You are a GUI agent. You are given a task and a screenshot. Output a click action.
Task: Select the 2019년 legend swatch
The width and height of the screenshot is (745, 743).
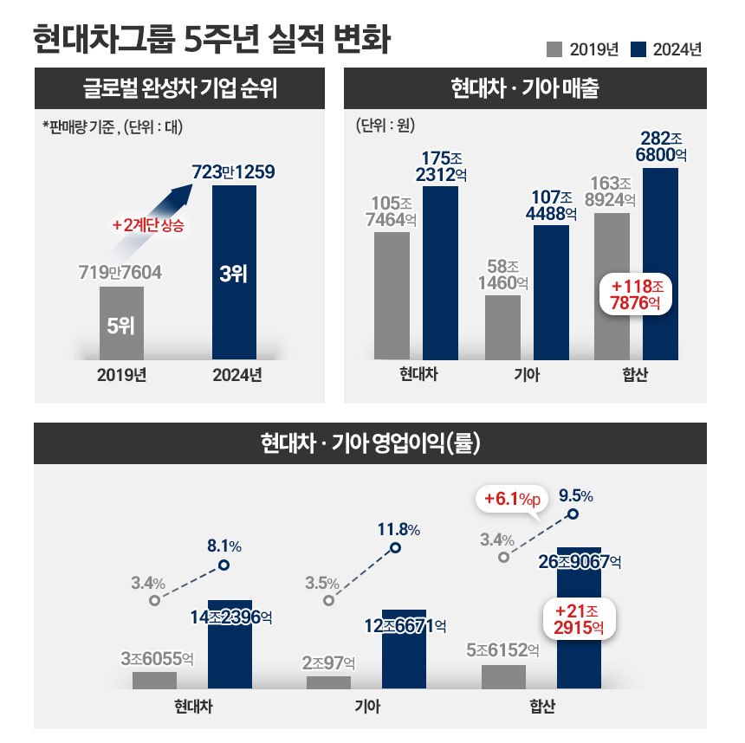pos(554,48)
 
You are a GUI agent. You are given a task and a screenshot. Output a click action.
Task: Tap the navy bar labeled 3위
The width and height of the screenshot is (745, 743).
pos(234,273)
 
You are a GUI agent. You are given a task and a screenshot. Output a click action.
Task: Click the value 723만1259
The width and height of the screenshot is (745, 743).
pos(234,172)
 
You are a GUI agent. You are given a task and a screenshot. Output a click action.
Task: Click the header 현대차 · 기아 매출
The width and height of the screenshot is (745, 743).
pos(525,88)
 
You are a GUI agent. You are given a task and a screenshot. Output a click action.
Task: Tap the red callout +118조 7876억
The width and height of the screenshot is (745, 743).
pos(637,294)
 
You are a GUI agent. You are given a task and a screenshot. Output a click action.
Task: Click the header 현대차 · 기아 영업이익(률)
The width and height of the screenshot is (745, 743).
pos(371,444)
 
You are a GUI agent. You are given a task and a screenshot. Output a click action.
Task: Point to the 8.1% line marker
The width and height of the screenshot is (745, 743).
pos(223,565)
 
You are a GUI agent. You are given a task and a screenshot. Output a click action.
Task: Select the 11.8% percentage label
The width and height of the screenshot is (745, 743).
pos(398,529)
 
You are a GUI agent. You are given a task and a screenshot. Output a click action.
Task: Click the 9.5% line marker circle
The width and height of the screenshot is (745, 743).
pos(573,514)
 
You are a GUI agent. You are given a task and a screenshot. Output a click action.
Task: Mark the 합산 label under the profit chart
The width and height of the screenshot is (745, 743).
pos(543,706)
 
